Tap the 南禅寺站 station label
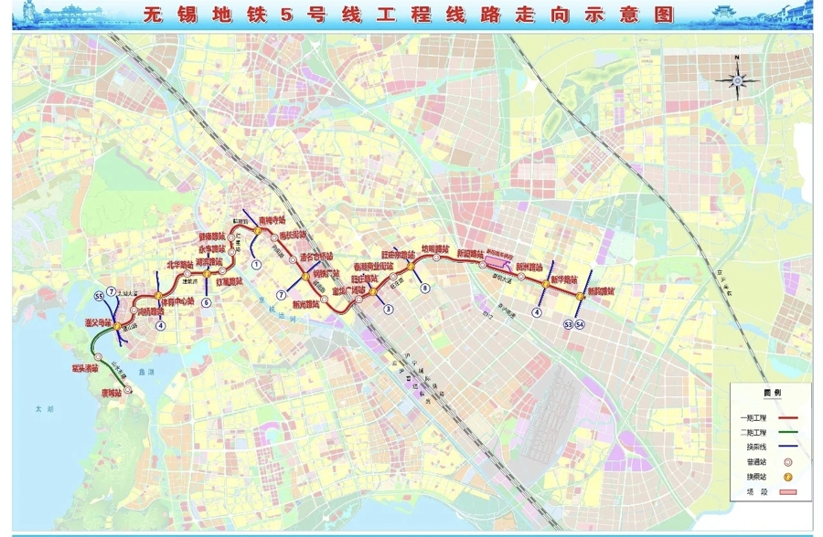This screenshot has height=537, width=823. tap(273, 220)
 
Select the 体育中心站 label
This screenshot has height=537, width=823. tap(177, 301)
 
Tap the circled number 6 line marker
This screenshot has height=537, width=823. tap(207, 302)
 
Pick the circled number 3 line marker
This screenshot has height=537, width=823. tap(389, 310)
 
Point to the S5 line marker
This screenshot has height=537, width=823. tap(99, 296)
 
